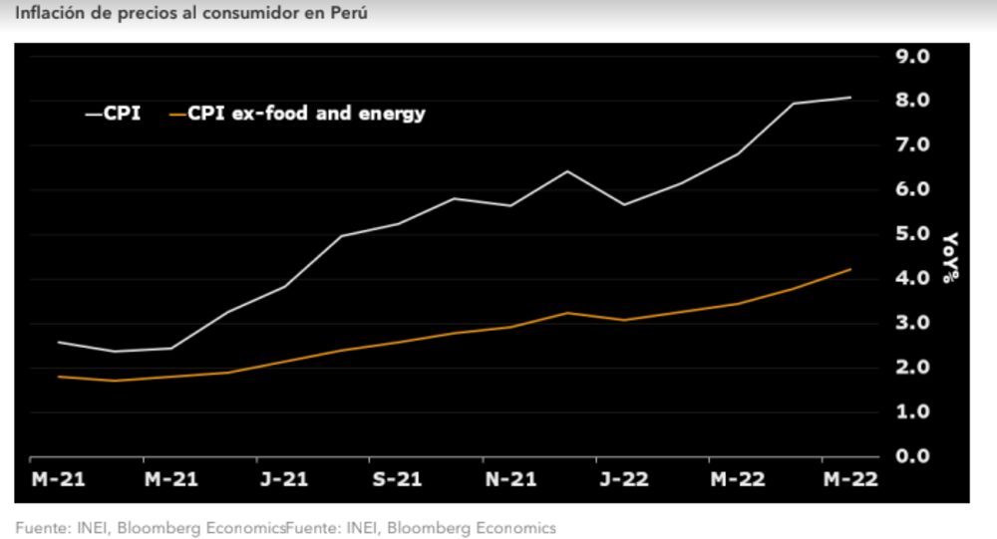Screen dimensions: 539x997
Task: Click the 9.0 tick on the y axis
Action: tap(912, 56)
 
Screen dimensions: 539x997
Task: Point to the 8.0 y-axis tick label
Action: tap(912, 101)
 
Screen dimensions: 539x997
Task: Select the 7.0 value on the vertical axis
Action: tap(912, 145)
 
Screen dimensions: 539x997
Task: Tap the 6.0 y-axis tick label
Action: tap(912, 189)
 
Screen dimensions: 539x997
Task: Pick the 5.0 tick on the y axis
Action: tap(912, 234)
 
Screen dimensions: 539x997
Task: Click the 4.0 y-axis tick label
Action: tap(912, 279)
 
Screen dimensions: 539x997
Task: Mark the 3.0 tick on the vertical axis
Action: tap(912, 323)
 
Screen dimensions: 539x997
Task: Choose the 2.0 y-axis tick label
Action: tap(912, 368)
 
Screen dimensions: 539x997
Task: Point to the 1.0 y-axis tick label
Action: tap(912, 411)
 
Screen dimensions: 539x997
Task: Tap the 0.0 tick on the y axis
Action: tap(912, 456)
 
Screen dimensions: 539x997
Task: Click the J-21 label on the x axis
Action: tap(283, 479)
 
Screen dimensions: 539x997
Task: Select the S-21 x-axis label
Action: tap(397, 479)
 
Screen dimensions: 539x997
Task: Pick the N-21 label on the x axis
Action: tap(509, 479)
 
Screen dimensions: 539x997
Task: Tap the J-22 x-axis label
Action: tap(623, 479)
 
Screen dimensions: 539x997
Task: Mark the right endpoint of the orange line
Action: tap(850, 269)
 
